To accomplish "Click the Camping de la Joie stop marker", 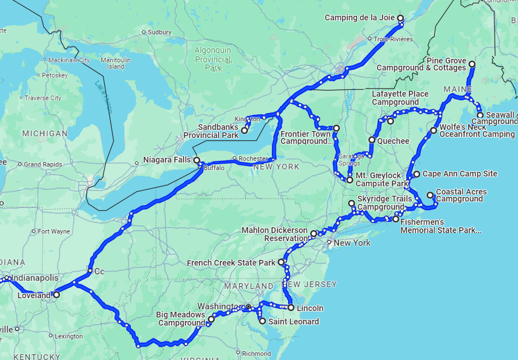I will pyautogui.click(x=400, y=18).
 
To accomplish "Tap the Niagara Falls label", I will pyautogui.click(x=168, y=159).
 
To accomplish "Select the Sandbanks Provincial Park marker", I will pyautogui.click(x=244, y=130).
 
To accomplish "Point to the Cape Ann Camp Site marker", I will pyautogui.click(x=417, y=174).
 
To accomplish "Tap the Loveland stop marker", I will pyautogui.click(x=56, y=295).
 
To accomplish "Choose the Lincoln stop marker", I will pyautogui.click(x=291, y=308).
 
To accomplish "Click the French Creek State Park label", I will pyautogui.click(x=231, y=263).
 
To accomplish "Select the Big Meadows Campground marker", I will pyautogui.click(x=211, y=319).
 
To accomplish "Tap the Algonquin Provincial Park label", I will pyautogui.click(x=212, y=59).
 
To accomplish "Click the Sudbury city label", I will pyautogui.click(x=159, y=32).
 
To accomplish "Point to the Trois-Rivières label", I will pyautogui.click(x=393, y=39).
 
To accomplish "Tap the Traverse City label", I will pyautogui.click(x=42, y=98).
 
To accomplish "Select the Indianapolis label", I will pyautogui.click(x=35, y=278).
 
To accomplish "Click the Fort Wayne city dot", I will pyautogui.click(x=34, y=231).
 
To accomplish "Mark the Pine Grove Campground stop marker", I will pyautogui.click(x=472, y=64).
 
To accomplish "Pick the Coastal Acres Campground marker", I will pyautogui.click(x=430, y=195).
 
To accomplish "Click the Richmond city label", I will pyautogui.click(x=256, y=353).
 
